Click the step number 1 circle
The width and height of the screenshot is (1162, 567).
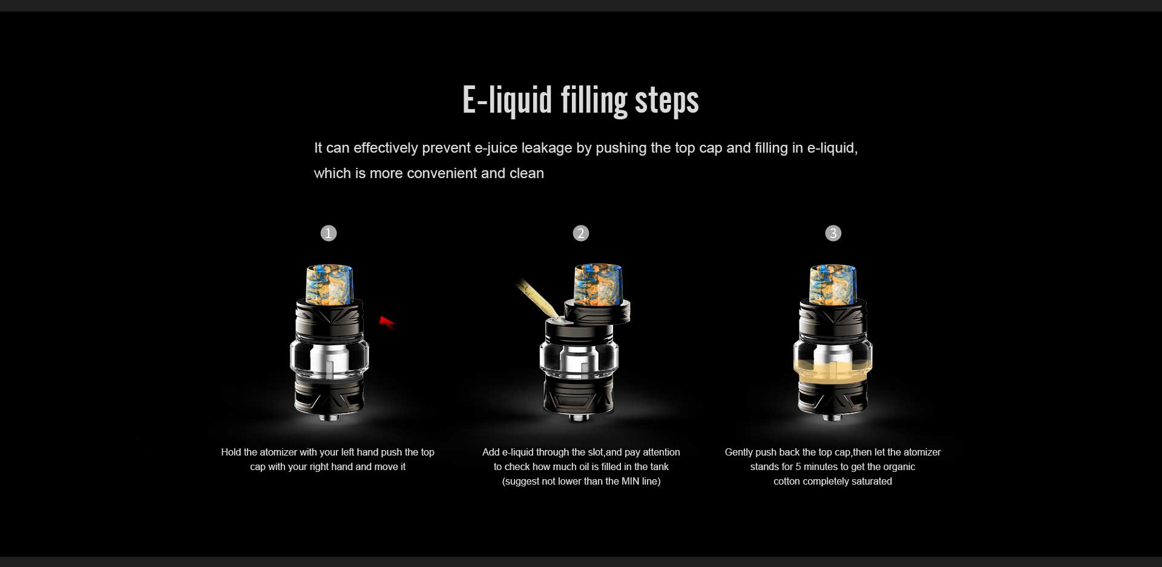(329, 233)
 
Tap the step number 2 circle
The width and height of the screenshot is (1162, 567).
(581, 233)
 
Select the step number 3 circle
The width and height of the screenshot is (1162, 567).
(833, 233)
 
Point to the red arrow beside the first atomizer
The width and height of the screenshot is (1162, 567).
(387, 322)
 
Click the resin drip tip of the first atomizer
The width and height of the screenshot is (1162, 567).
(329, 284)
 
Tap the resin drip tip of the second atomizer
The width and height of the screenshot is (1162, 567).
(598, 284)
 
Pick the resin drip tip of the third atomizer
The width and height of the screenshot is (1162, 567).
(833, 284)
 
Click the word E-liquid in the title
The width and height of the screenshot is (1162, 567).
(507, 100)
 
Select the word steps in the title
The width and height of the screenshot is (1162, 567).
(667, 101)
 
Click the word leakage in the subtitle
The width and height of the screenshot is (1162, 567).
(547, 148)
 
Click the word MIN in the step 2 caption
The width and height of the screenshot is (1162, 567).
(631, 482)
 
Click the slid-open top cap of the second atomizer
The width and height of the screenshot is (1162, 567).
(598, 311)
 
